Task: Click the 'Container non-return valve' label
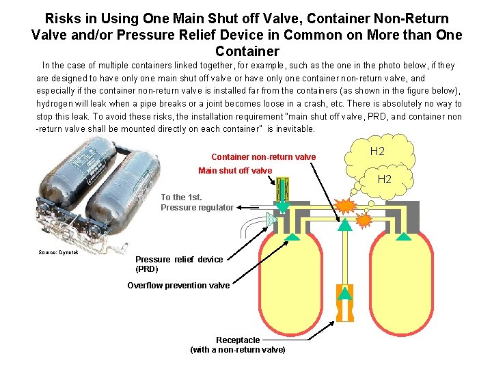tap(263, 157)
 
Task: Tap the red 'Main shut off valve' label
tap(234, 171)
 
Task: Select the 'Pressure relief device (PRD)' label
tap(178, 264)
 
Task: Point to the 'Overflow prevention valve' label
tap(178, 286)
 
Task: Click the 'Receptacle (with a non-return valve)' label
tap(238, 344)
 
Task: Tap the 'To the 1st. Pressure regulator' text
tap(197, 202)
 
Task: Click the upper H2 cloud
tap(377, 152)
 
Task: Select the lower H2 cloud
tap(384, 180)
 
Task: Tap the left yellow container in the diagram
tap(290, 287)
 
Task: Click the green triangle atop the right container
tap(405, 237)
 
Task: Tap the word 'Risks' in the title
tap(63, 18)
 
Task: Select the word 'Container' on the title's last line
tap(247, 51)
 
